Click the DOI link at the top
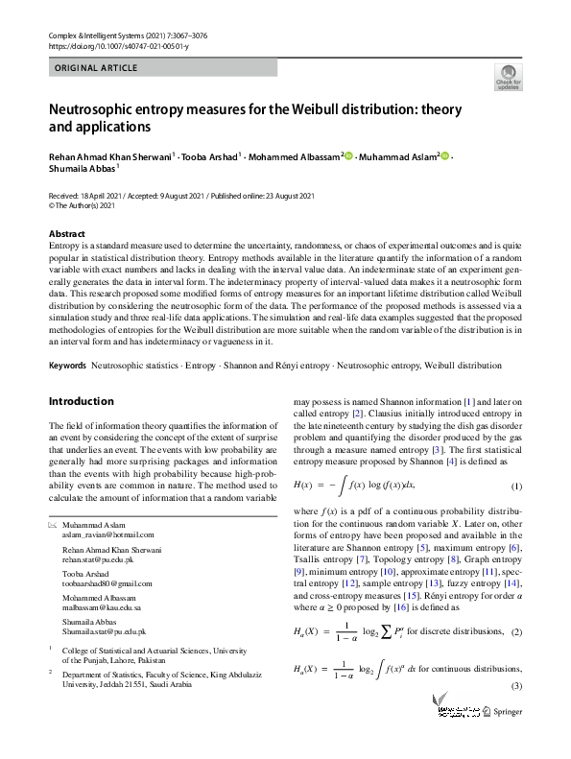[x=118, y=46]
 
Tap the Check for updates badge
[x=507, y=76]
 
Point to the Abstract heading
[x=68, y=234]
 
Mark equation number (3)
[x=515, y=685]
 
